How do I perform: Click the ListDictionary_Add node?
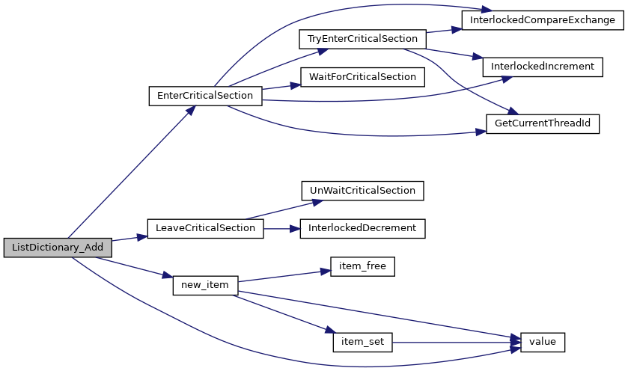(58, 248)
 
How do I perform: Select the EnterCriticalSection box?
(205, 96)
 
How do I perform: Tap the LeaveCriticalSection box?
(205, 229)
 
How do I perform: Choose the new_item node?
(205, 285)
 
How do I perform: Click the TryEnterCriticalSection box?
(362, 39)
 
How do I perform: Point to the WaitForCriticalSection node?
(362, 77)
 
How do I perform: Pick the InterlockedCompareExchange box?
(543, 20)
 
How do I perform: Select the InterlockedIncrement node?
(543, 67)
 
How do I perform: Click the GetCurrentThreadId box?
(543, 123)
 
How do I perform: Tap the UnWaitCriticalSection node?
(362, 191)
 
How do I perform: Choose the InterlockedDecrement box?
(362, 229)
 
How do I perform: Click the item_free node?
(362, 266)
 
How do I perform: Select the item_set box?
(362, 342)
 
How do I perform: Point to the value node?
(543, 342)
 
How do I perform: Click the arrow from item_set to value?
(456, 343)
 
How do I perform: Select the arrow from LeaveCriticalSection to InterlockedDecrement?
(282, 229)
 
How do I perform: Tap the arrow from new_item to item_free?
(284, 276)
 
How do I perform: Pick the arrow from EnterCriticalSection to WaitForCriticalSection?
(281, 87)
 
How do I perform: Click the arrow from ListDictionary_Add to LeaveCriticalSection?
(129, 238)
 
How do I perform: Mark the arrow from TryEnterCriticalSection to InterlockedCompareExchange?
(444, 31)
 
